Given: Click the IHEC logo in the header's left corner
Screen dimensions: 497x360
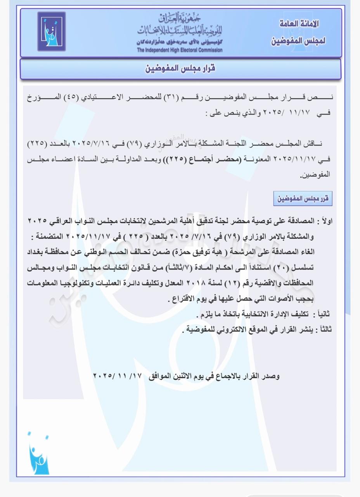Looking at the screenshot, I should point(52,32).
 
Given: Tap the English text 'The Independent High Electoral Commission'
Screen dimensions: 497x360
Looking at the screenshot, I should point(180,50).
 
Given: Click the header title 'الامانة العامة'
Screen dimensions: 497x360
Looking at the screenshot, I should point(299,24).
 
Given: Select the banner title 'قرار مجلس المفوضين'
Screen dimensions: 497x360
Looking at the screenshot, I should point(180,69).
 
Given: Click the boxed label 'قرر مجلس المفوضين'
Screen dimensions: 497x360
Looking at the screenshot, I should point(303,199).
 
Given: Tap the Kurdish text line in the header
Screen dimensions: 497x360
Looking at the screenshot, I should point(180,42).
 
